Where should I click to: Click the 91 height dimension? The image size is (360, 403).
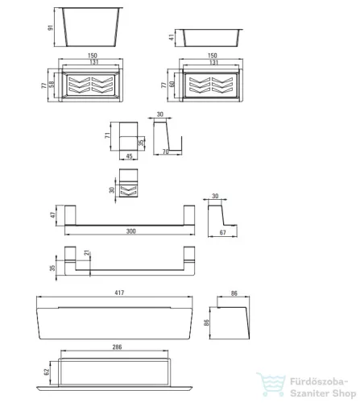click(51, 27)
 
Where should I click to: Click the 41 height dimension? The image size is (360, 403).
click(172, 37)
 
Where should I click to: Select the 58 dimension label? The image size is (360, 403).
click(52, 84)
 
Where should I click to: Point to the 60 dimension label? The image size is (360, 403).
click(172, 85)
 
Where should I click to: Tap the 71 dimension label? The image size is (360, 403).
click(107, 135)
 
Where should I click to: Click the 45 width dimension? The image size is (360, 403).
click(129, 156)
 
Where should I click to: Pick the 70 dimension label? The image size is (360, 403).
click(166, 152)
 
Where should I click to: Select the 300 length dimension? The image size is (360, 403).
click(131, 231)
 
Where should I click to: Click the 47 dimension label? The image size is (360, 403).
click(53, 215)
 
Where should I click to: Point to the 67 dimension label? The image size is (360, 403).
click(223, 232)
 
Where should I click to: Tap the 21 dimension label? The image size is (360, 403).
click(87, 252)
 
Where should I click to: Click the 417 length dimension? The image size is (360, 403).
click(119, 293)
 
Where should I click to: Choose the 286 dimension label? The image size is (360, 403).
click(117, 347)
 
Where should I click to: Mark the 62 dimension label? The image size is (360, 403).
click(47, 372)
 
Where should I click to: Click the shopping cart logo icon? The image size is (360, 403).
click(271, 384)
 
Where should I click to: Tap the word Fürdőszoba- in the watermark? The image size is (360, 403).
click(319, 381)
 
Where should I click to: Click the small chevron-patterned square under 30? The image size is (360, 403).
click(129, 190)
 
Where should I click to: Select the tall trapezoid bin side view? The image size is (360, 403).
click(91, 27)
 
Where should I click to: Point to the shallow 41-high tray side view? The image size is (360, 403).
click(211, 38)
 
